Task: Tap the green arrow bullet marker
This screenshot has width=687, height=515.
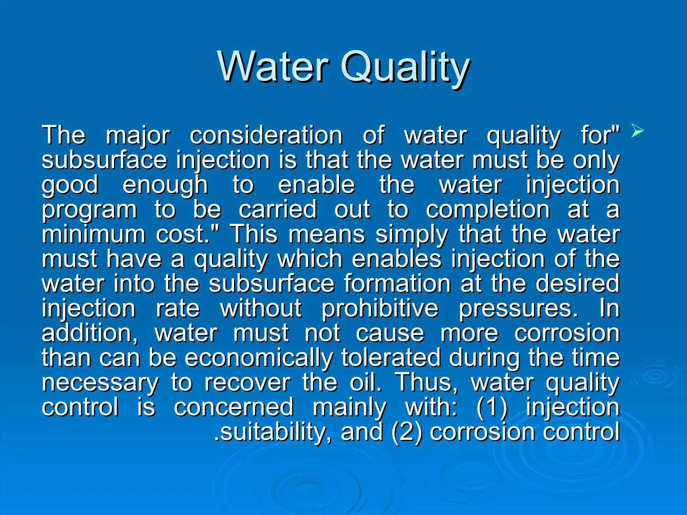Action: (x=637, y=130)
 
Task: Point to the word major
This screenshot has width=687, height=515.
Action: (x=138, y=136)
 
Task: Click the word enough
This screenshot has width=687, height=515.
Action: (x=165, y=185)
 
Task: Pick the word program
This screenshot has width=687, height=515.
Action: (x=89, y=210)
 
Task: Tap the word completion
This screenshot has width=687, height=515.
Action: (x=488, y=210)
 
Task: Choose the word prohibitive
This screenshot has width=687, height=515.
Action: (x=380, y=308)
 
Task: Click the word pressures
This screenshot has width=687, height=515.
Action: (x=518, y=308)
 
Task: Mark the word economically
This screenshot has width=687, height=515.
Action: (x=259, y=358)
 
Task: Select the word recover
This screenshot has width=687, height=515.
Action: (x=248, y=383)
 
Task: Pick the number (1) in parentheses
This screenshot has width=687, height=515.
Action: (x=492, y=407)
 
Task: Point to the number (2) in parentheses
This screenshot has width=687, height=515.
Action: (x=407, y=432)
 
